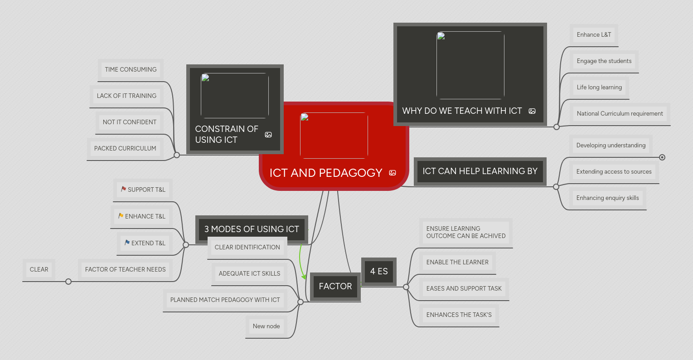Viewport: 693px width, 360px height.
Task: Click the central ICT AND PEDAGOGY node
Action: (326, 173)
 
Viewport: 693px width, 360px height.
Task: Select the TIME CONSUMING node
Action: (131, 69)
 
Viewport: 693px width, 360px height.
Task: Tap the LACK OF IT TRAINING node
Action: (126, 96)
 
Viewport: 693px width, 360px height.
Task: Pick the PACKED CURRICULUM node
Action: (125, 148)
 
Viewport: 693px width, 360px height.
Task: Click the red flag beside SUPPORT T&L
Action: (123, 189)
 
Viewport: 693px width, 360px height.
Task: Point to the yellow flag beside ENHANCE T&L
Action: (121, 216)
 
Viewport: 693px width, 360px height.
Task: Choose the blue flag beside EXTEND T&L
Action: (127, 243)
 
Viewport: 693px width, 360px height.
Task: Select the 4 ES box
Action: (379, 271)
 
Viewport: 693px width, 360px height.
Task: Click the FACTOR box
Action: (335, 286)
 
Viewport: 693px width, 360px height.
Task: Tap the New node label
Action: (266, 326)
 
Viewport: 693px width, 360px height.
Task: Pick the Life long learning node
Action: (599, 87)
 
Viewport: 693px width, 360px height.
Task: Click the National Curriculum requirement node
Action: (620, 113)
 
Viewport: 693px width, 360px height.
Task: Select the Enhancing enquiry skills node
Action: (607, 198)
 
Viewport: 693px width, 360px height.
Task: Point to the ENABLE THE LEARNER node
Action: (457, 262)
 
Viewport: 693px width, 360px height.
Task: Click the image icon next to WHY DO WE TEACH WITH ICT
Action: (532, 111)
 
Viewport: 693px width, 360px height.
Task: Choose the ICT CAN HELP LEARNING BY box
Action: (480, 171)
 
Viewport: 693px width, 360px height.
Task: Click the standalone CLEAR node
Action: (39, 269)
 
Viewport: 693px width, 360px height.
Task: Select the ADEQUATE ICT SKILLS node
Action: (249, 273)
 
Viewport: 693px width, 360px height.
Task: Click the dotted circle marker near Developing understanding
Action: (662, 157)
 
